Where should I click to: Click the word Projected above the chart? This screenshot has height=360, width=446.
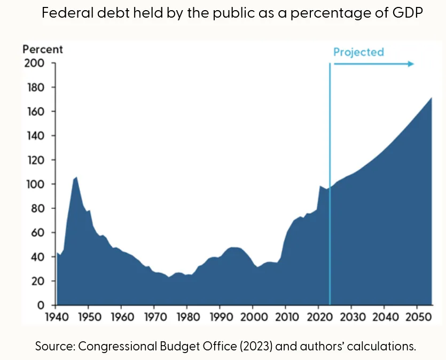coord(358,52)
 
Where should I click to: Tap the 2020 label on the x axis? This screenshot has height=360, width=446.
coord(318,317)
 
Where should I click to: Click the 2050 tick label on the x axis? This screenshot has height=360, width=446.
coord(416,317)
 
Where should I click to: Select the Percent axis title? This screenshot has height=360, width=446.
coord(42,50)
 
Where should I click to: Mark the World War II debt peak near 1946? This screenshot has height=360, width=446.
coord(76,177)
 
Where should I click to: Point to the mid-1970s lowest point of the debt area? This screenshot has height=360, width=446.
coord(168,277)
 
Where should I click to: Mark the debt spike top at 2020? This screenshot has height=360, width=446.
coord(319,186)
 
